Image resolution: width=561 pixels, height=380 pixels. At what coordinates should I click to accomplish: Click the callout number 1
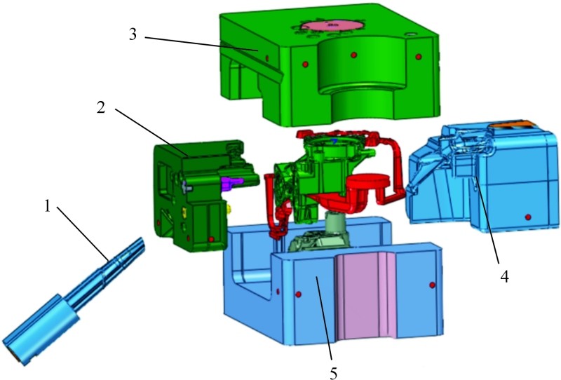48,205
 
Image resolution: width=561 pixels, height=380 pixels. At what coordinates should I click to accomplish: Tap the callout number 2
101,107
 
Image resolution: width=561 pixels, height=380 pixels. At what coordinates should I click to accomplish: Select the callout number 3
133,35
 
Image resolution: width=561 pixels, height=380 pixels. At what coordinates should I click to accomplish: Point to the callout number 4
504,276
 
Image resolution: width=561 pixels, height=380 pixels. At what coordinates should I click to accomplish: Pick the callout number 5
333,373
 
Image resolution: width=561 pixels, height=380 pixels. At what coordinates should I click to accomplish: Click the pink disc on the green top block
330,25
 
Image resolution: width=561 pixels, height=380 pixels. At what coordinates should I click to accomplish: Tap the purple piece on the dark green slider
231,183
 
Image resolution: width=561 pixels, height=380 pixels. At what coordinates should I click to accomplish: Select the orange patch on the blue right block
513,125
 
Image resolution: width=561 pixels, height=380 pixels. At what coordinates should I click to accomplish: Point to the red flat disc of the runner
368,182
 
